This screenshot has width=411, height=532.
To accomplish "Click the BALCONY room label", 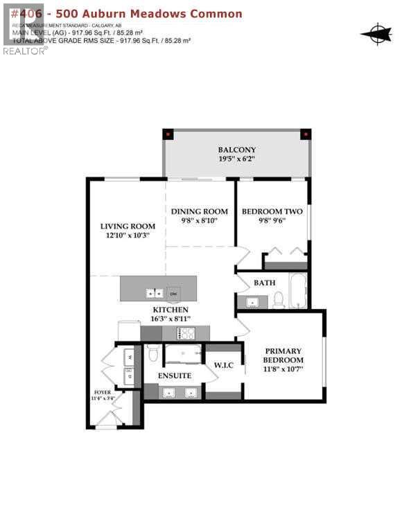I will click(x=237, y=150).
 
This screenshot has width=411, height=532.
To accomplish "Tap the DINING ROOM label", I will click(x=200, y=211).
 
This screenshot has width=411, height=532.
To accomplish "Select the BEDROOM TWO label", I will click(x=272, y=211).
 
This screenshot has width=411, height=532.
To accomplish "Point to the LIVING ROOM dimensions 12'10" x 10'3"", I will click(x=128, y=236).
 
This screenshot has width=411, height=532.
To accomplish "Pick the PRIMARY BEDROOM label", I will click(x=283, y=355).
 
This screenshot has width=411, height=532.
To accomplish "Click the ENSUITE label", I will click(x=174, y=375).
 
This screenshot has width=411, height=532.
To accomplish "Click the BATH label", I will click(x=264, y=283).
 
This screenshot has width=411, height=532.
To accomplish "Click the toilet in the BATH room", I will click(x=279, y=299).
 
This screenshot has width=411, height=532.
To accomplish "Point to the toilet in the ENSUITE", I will click(x=154, y=354).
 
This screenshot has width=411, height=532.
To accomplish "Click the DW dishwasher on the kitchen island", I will click(x=173, y=292).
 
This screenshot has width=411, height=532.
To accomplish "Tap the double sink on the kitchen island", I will click(x=153, y=292).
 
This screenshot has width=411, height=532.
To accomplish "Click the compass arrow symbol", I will click(x=376, y=33).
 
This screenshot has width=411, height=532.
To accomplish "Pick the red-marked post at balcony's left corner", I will click(x=167, y=134).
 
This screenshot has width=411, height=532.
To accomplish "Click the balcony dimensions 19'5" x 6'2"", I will click(x=237, y=160).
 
